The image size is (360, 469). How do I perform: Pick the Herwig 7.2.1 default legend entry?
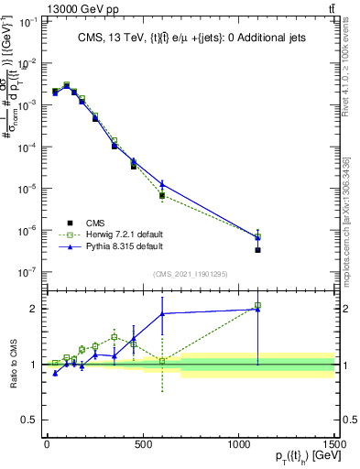[111, 234]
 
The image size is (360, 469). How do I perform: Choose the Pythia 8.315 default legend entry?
[111, 247]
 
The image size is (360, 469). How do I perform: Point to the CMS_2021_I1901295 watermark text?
[191, 273]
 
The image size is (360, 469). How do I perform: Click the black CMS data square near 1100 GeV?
[258, 250]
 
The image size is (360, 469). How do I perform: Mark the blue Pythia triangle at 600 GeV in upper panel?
[162, 184]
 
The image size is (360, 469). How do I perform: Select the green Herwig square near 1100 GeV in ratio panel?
[258, 305]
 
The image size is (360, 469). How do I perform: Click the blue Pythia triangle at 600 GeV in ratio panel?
[162, 314]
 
